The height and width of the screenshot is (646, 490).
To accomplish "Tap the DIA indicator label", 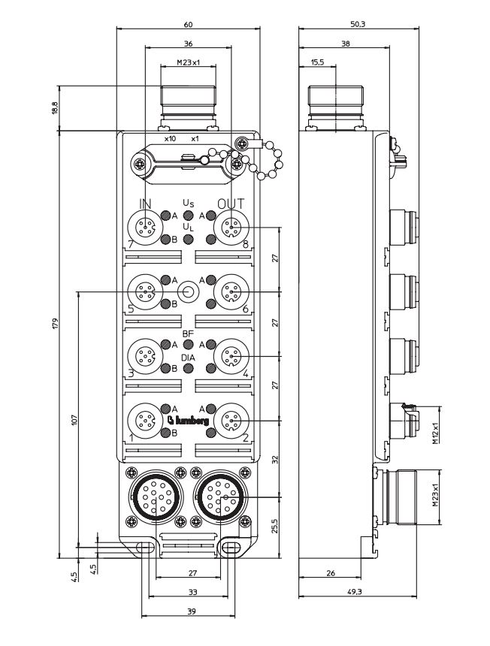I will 189,358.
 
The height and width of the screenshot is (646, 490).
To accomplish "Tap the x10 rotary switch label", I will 169,140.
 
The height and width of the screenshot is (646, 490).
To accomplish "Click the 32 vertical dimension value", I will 274,458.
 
